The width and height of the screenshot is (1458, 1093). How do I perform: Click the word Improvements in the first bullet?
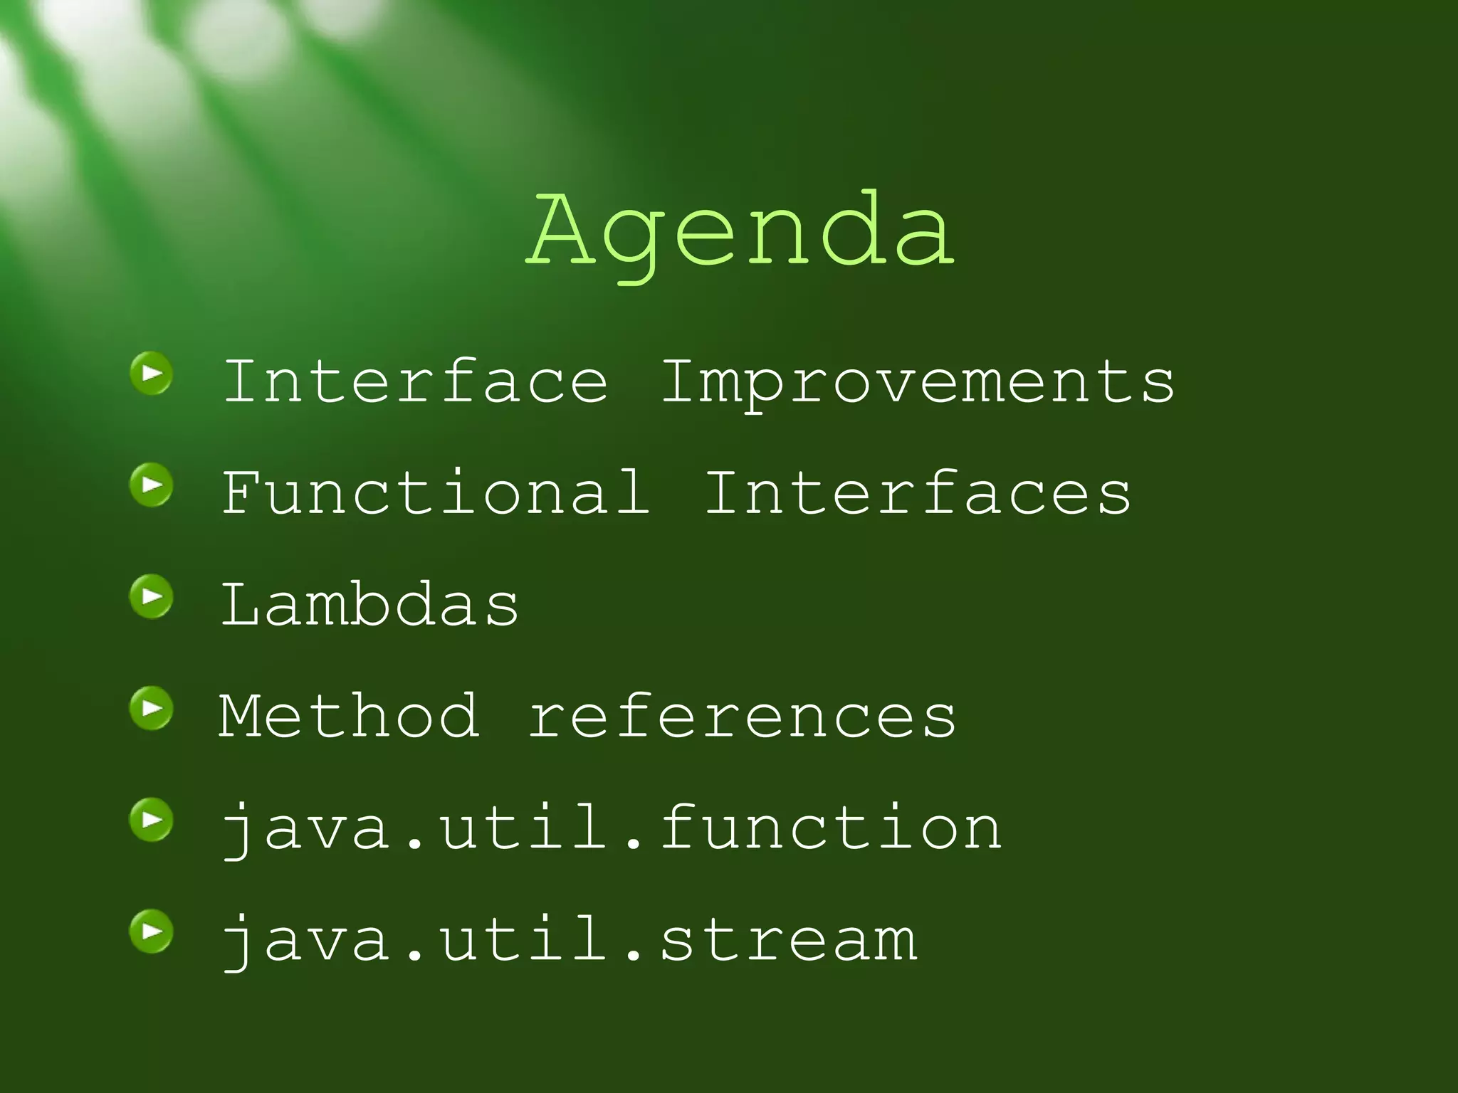[x=918, y=382]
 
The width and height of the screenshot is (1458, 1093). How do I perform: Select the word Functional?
[x=436, y=492]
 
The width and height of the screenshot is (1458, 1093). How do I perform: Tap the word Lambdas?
[x=370, y=604]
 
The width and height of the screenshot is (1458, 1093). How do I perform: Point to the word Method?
[x=349, y=716]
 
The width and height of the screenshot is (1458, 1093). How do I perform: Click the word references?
[x=743, y=717]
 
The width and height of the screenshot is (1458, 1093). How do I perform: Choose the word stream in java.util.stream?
[x=789, y=940]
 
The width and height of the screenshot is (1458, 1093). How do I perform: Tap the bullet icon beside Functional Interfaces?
[x=152, y=485]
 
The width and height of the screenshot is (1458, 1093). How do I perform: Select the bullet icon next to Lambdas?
[x=152, y=596]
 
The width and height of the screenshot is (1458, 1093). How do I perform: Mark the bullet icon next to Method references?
[x=152, y=708]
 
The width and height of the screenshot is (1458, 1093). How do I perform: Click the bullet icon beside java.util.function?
[x=152, y=820]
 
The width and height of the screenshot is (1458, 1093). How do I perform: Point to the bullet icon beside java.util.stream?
[x=152, y=931]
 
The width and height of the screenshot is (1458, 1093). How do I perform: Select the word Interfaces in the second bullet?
[x=918, y=492]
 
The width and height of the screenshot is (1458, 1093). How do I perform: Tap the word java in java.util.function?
[x=306, y=829]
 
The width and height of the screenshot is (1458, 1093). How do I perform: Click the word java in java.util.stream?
[x=306, y=941]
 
